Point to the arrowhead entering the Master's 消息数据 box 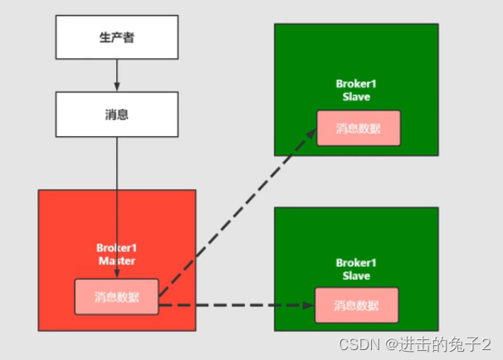pos(116,276)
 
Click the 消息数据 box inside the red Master pos(116,297)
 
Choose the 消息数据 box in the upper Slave pos(358,128)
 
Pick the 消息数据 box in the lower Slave pos(356,305)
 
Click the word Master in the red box pos(116,260)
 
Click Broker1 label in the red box pos(116,247)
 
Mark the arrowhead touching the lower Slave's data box pos(308,305)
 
